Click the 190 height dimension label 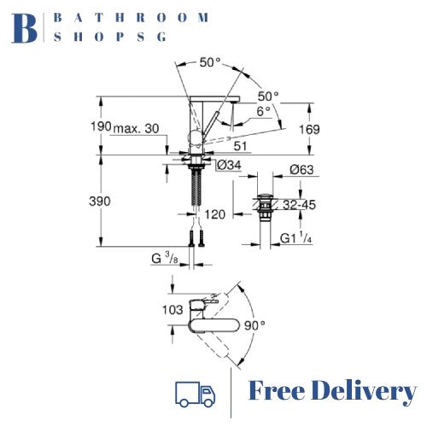click(x=101, y=126)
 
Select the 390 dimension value click(x=100, y=202)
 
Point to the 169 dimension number click(x=309, y=130)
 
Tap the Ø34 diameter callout click(x=229, y=165)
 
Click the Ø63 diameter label click(x=301, y=170)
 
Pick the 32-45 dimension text click(x=300, y=205)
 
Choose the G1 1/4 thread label click(x=295, y=238)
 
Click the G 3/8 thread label click(x=165, y=259)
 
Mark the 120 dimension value click(x=215, y=214)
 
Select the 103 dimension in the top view click(x=173, y=310)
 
